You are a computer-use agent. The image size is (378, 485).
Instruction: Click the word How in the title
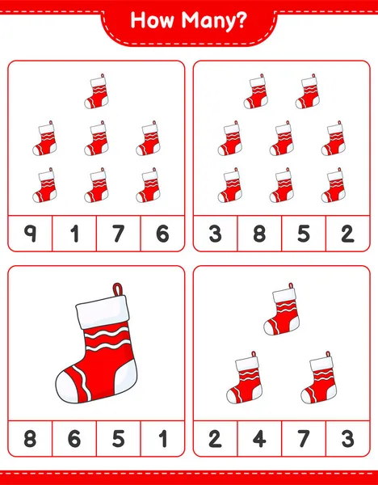tap(153, 20)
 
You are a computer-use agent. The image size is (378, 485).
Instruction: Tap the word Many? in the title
tap(214, 22)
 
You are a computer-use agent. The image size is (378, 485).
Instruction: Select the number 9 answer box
tap(30, 234)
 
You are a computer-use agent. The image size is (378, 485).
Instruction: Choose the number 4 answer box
tap(259, 439)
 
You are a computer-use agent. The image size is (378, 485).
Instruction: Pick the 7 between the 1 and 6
tap(119, 234)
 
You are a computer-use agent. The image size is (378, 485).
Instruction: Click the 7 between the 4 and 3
tap(304, 439)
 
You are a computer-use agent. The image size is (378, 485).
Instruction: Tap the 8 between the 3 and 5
tap(259, 234)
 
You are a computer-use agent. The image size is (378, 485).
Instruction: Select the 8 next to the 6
tap(30, 439)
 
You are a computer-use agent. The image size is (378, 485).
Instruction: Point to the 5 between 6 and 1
tap(119, 439)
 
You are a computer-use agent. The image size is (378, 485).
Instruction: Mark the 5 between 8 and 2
tap(304, 234)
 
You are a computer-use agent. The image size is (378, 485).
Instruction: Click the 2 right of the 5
tap(347, 234)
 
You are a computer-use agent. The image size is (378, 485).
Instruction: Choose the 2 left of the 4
tap(215, 439)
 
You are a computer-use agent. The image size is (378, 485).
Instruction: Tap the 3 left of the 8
tap(215, 234)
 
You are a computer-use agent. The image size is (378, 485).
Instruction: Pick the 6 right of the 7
tap(162, 234)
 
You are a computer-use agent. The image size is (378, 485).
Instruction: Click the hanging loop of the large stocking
tap(118, 289)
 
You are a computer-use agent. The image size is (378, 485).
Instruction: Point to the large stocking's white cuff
tap(103, 311)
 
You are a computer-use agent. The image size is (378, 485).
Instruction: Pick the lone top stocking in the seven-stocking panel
tap(96, 91)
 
